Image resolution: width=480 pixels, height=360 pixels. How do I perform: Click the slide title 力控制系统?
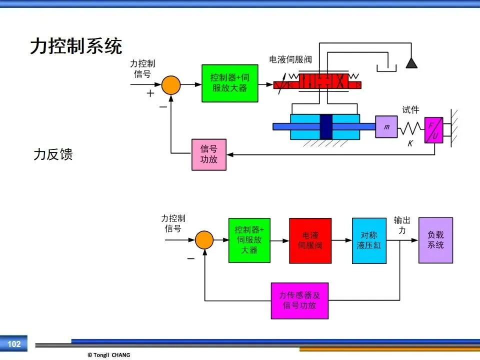(x=76, y=46)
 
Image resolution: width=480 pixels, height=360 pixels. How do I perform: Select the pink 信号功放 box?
(x=209, y=154)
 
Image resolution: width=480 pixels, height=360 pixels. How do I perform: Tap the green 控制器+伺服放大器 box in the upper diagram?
(x=230, y=83)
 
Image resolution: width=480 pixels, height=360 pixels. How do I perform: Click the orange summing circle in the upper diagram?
(x=171, y=85)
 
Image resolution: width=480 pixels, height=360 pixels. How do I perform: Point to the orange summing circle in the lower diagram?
(x=204, y=239)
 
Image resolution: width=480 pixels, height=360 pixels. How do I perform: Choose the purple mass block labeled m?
(x=386, y=126)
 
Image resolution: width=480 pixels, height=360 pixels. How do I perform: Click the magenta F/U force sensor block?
(x=434, y=130)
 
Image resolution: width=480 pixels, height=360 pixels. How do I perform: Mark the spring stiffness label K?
(x=410, y=143)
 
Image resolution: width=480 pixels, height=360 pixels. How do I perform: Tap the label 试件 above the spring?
(x=410, y=109)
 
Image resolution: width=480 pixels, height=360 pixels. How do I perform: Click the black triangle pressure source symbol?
(x=411, y=63)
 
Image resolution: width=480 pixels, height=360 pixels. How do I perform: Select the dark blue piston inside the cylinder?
(x=326, y=126)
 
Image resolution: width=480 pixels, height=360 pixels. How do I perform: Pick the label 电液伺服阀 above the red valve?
(x=290, y=59)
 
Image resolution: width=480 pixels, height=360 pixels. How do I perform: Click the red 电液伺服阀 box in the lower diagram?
(x=310, y=240)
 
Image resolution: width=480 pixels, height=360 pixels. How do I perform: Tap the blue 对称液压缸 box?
(x=369, y=240)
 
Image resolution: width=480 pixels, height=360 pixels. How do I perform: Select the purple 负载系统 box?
(x=435, y=240)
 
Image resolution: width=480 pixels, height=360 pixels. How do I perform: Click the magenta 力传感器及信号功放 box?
(x=299, y=300)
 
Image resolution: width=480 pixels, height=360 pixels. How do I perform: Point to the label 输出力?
(x=402, y=225)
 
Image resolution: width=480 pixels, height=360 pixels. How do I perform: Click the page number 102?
(x=14, y=344)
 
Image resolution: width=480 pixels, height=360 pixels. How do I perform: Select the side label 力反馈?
(x=53, y=154)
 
